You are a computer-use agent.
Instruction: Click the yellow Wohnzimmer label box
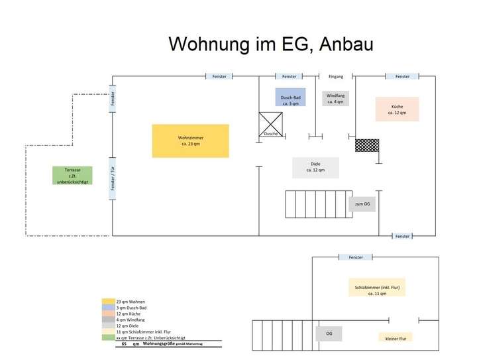190,141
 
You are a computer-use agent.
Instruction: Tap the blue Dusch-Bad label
290,97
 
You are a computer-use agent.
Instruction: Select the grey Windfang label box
335,98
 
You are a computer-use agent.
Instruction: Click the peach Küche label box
397,109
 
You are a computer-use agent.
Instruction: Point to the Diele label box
315,167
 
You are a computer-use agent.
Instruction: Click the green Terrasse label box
72,176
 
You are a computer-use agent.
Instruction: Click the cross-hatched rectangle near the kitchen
366,145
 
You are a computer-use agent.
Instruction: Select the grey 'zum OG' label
362,204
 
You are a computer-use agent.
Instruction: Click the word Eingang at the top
336,77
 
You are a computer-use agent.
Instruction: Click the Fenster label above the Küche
402,77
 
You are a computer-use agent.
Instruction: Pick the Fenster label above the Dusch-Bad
290,77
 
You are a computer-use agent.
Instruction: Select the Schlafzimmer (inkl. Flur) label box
376,287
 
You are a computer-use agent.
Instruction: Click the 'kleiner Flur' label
396,337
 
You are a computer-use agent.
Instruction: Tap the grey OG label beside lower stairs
329,333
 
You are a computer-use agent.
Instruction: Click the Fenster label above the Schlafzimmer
356,257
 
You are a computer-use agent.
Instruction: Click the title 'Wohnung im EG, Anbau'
271,44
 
